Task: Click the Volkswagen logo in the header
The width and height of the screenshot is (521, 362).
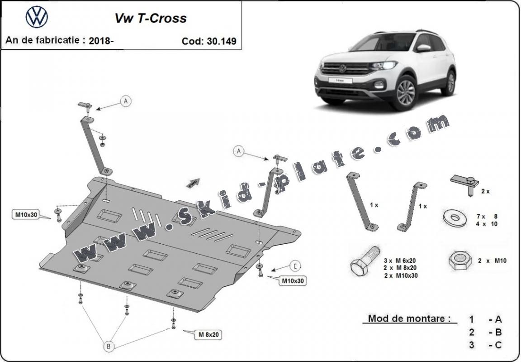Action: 37,17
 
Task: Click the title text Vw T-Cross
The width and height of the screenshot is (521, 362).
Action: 151,18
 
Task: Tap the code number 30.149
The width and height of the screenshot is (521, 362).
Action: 221,41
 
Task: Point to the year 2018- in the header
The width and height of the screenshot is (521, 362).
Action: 101,41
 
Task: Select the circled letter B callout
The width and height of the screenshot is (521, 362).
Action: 109,346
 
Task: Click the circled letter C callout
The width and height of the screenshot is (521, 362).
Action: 295,266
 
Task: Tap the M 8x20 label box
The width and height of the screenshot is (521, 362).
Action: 208,335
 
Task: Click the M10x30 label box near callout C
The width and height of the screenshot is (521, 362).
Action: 293,281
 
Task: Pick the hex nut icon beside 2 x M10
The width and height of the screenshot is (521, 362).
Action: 460,261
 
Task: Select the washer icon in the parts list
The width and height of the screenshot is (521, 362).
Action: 455,218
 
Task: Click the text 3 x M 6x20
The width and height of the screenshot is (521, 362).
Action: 400,261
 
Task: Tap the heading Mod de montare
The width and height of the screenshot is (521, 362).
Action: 409,319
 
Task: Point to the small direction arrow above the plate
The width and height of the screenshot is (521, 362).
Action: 193,183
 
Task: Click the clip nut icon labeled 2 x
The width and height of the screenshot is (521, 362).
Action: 465,185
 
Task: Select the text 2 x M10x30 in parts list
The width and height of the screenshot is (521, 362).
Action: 401,275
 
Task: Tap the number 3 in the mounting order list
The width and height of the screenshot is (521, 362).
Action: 472,345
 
